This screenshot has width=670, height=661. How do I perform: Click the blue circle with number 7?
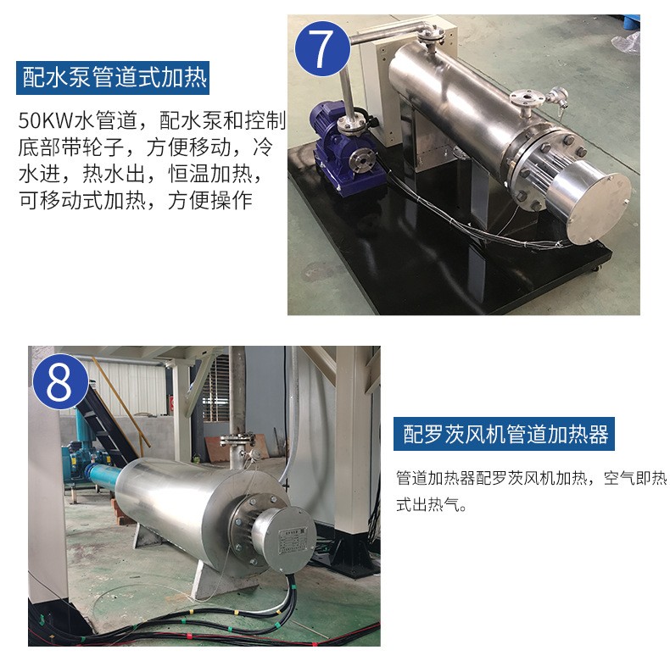[322, 49]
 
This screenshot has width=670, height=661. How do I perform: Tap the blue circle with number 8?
[60, 381]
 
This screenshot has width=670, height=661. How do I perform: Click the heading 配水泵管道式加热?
[113, 78]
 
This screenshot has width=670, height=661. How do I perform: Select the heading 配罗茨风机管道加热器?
[505, 434]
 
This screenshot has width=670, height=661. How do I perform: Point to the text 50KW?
[46, 121]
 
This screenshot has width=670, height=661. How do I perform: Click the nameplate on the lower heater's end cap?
[291, 541]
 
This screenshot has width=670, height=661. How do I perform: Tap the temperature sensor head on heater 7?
[559, 96]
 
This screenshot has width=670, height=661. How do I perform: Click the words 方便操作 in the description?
[210, 201]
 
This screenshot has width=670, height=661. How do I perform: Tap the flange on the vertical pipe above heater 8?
[237, 439]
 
